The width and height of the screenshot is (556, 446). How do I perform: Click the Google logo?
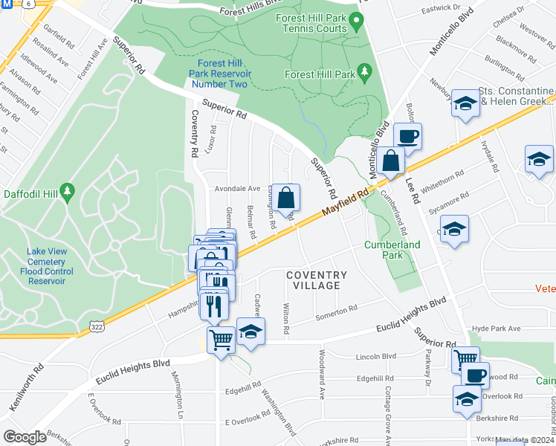point(25,437)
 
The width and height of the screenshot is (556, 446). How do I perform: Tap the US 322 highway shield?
point(95,327)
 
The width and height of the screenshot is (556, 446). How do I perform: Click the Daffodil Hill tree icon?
point(67,193)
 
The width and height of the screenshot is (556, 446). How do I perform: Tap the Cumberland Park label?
point(392,250)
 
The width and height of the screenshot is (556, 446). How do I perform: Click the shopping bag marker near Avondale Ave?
point(285,198)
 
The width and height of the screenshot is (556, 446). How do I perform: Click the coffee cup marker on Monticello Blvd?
point(407,137)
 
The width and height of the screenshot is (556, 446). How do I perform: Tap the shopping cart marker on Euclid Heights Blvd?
point(221,340)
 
